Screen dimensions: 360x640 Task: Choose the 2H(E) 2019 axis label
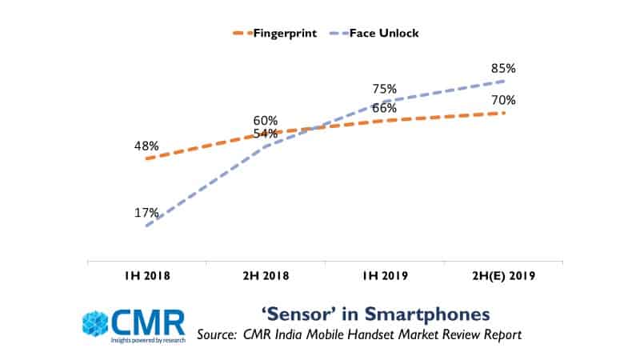503,276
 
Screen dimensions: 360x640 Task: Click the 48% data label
146,146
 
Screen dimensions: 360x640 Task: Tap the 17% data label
146,213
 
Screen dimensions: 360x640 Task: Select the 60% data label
266,120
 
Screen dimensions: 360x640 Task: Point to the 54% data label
266,133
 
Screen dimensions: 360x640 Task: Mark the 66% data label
385,108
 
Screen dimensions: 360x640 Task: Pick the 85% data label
504,68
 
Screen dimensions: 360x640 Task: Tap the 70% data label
504,100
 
